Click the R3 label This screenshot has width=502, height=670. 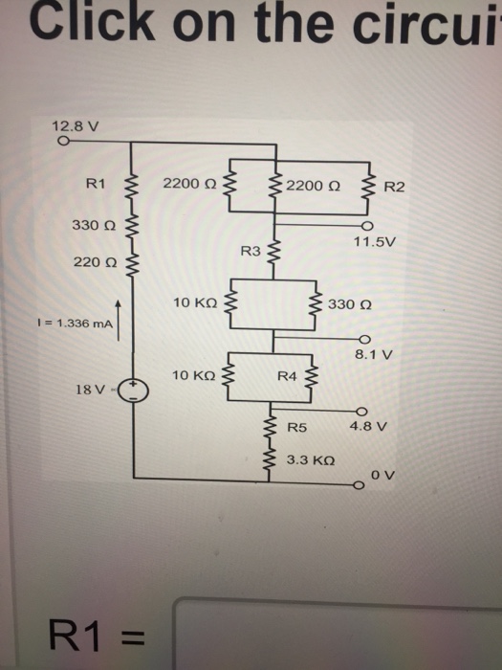pyautogui.click(x=251, y=251)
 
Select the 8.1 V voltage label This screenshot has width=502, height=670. pyautogui.click(x=374, y=353)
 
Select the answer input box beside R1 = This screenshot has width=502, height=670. pyautogui.click(x=335, y=634)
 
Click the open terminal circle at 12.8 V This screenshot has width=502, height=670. pyautogui.click(x=62, y=141)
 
